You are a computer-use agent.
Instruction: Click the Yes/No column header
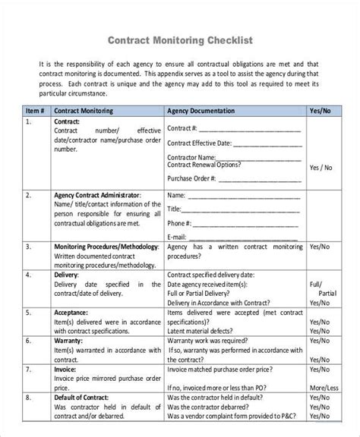tap(319, 110)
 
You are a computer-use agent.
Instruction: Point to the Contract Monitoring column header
tap(84, 110)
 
